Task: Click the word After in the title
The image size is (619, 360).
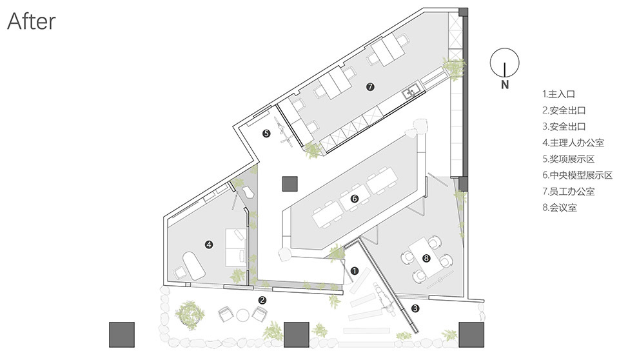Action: coord(32,21)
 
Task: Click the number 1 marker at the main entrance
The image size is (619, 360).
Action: coord(355,271)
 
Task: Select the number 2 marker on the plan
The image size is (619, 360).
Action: coord(262,301)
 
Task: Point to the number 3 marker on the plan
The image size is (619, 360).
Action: coord(415,308)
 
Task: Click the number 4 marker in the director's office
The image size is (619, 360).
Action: coord(209,245)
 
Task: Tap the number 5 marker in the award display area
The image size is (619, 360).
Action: coord(266,134)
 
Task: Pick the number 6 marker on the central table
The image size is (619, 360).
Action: coord(354,198)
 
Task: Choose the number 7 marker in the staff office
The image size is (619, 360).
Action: coord(370,86)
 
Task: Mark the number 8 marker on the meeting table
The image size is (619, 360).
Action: coord(426,259)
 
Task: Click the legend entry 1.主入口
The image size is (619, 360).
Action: coord(558,94)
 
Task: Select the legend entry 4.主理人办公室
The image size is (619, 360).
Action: coord(573,143)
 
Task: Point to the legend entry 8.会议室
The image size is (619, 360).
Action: coord(560,208)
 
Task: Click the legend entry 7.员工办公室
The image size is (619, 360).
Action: coord(569,191)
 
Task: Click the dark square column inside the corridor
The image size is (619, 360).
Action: coord(290,183)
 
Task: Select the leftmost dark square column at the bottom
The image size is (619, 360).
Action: coord(122,335)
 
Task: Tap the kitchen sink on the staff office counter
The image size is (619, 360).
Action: coord(410,92)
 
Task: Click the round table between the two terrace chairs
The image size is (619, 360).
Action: coord(242,315)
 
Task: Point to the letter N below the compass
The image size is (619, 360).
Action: coord(505,84)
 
